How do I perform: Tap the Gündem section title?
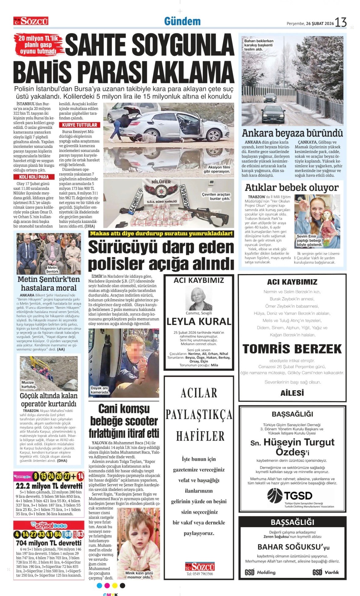182,21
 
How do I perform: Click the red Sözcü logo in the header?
31,21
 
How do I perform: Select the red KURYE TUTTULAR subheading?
79,125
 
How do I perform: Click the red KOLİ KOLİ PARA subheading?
34,177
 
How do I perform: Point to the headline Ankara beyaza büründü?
292,133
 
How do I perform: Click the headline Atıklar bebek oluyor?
291,187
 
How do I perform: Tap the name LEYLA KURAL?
199,321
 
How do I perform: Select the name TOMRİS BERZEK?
292,349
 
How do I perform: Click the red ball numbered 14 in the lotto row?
80,476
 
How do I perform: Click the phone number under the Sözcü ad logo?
200,574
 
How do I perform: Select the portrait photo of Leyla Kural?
199,298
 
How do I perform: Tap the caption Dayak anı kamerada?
100,390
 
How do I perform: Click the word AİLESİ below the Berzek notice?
292,393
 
